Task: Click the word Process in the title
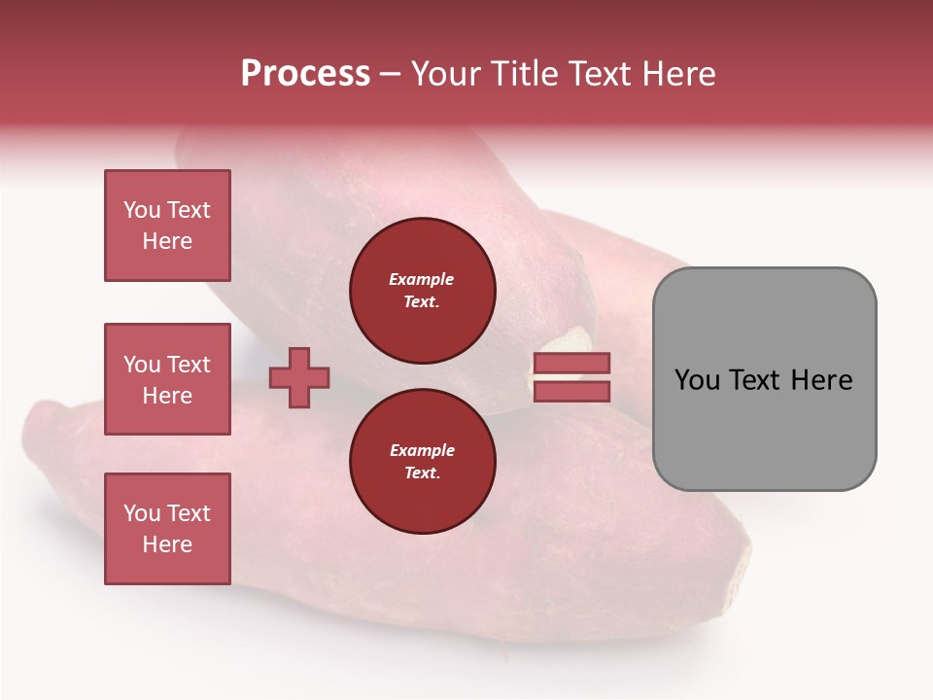pyautogui.click(x=305, y=74)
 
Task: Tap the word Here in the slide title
pyautogui.click(x=680, y=74)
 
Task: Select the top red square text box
pyautogui.click(x=167, y=226)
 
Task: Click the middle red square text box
pyautogui.click(x=167, y=379)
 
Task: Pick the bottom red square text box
pyautogui.click(x=167, y=529)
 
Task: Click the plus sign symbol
pyautogui.click(x=299, y=378)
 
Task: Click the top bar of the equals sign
pyautogui.click(x=571, y=364)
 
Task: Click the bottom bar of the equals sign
pyautogui.click(x=571, y=391)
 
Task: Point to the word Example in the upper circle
pyautogui.click(x=421, y=279)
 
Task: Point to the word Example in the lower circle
pyautogui.click(x=422, y=450)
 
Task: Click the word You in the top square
pyautogui.click(x=142, y=210)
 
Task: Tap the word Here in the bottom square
pyautogui.click(x=167, y=544)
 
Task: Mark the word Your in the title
pyautogui.click(x=445, y=74)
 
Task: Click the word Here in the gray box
pyautogui.click(x=821, y=380)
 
